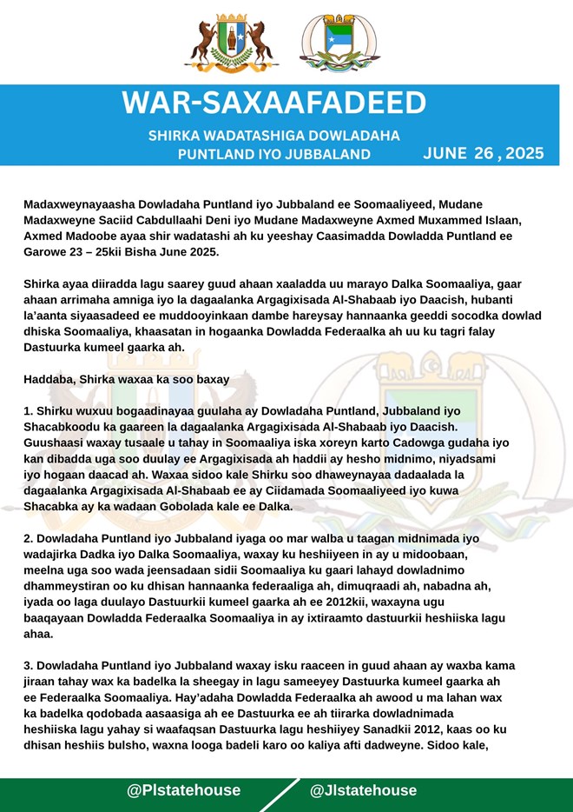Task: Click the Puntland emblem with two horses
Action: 231,43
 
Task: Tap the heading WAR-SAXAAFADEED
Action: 274,103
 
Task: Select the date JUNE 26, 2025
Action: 484,154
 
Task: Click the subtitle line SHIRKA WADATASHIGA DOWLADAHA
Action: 273,136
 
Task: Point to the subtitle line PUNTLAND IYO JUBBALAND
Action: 273,155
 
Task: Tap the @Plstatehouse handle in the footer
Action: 183,790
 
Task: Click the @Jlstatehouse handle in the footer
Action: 363,790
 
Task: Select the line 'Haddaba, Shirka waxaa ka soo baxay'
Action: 127,378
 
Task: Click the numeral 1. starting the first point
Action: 29,409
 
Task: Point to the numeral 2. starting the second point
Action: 29,538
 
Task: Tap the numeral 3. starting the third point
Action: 29,667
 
